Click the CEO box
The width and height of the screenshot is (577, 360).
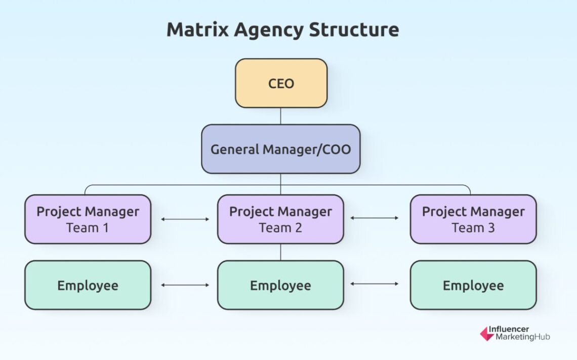click(281, 83)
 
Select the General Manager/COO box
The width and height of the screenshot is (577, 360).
click(280, 149)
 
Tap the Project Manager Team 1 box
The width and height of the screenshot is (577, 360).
click(88, 219)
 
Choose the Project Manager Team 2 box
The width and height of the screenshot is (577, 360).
click(280, 219)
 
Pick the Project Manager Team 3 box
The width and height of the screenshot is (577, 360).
click(473, 219)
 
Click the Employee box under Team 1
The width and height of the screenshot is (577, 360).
click(88, 285)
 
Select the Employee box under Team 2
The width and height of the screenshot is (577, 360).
click(280, 285)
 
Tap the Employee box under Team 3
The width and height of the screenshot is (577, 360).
click(473, 285)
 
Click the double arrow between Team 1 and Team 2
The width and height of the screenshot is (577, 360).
click(185, 219)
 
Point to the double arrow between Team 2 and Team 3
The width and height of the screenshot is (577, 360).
click(375, 218)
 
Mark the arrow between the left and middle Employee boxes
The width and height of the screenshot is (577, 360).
click(185, 285)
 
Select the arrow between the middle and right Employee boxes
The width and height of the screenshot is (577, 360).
click(375, 284)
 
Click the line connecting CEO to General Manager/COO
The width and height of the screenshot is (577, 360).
click(281, 116)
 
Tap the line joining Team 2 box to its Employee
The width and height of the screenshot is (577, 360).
click(281, 252)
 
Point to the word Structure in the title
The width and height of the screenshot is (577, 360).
click(354, 30)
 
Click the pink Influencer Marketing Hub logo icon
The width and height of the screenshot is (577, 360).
click(487, 333)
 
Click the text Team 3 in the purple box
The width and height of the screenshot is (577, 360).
click(473, 228)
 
